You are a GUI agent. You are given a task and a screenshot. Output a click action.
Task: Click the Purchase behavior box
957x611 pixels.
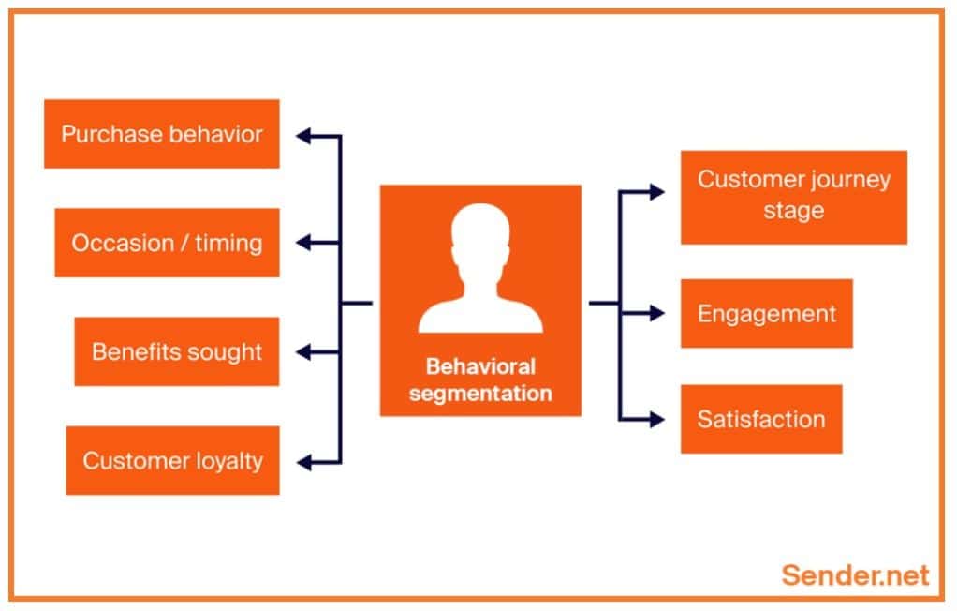[x=162, y=134]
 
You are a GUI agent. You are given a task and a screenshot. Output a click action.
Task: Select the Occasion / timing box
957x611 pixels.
[x=167, y=243]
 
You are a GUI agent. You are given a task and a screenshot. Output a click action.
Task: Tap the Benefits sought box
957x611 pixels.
[x=177, y=351]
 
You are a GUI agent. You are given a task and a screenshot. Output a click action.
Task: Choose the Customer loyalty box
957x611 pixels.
[x=172, y=460]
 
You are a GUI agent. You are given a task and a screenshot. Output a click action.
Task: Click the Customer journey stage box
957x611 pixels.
[x=793, y=197]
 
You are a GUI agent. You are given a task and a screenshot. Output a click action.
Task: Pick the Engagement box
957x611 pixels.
[x=766, y=313]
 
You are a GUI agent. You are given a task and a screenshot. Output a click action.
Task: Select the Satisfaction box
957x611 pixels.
[x=760, y=419]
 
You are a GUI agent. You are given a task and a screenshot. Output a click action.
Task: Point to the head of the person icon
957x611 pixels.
[x=479, y=234]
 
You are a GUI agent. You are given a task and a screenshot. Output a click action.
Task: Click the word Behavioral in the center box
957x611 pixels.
[x=479, y=365]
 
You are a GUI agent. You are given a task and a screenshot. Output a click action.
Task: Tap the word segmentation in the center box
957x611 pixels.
[x=479, y=392]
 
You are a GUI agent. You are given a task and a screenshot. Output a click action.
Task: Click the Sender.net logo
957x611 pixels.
[x=855, y=574]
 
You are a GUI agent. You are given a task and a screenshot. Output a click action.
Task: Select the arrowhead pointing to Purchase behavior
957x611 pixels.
[x=303, y=135]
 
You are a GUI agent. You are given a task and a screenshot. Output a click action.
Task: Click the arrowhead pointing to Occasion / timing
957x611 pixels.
[x=303, y=244]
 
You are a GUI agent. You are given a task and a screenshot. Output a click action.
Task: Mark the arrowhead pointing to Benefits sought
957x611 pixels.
[x=303, y=352]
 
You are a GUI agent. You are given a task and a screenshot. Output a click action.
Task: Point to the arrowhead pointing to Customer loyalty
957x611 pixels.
[x=303, y=461]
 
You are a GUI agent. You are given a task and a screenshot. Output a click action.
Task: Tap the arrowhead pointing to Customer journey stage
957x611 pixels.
[x=657, y=192]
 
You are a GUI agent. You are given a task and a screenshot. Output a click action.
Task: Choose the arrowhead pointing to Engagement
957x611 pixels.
[x=657, y=313]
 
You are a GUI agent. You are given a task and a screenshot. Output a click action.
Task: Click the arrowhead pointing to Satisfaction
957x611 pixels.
[x=657, y=419]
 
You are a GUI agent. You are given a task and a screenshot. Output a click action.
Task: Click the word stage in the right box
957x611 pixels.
[x=793, y=211]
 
